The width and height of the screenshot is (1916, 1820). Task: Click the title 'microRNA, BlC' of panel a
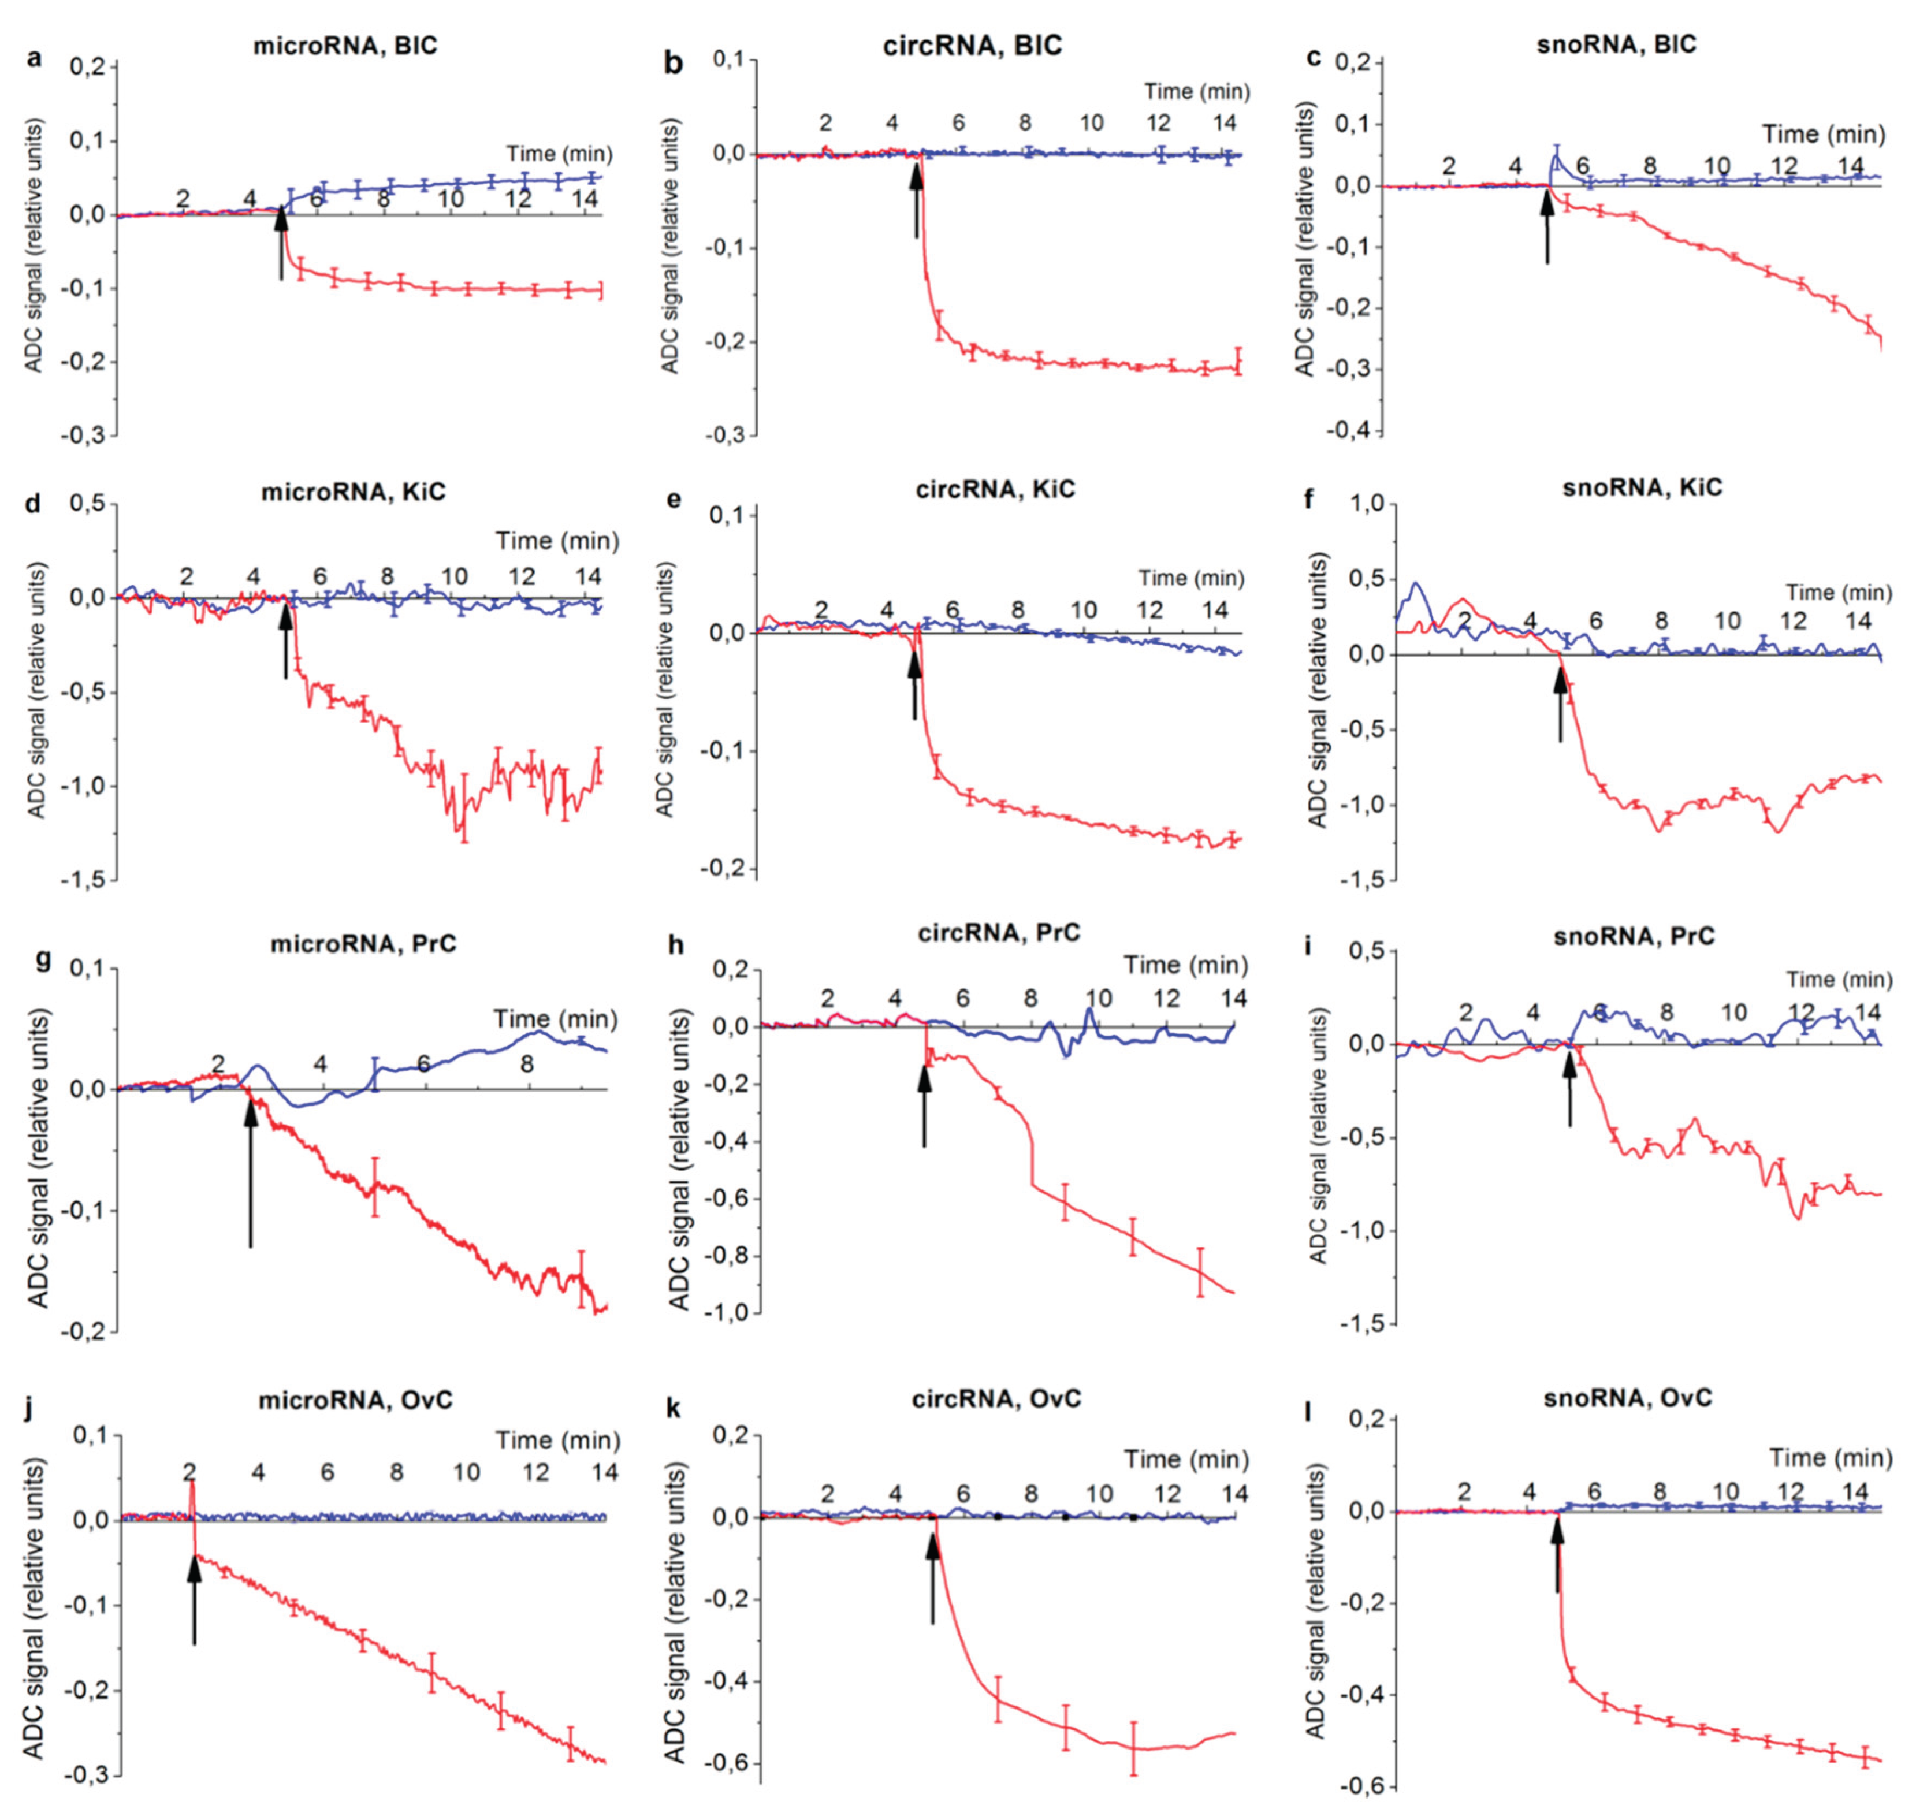coord(345,46)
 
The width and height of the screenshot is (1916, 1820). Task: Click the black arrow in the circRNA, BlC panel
coord(915,199)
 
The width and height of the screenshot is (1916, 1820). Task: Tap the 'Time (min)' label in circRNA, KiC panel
coord(1190,578)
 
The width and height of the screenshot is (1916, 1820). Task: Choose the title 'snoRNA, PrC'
coord(1634,936)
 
